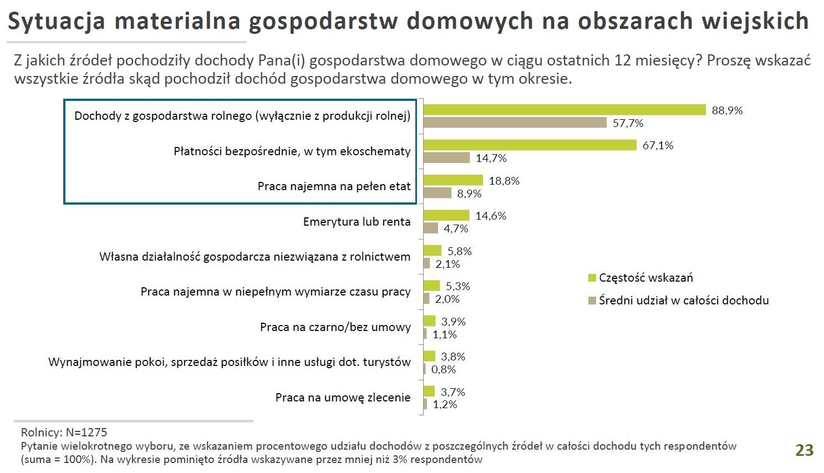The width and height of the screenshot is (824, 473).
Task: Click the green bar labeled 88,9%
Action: click(564, 110)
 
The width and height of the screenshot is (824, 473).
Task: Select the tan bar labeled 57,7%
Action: click(515, 123)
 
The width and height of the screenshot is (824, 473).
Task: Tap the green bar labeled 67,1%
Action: click(530, 145)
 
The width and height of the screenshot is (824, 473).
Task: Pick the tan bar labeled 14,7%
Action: click(446, 158)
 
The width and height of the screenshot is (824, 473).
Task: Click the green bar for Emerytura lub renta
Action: click(446, 216)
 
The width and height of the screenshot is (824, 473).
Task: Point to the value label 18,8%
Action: click(504, 181)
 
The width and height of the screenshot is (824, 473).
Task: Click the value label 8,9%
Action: click(469, 194)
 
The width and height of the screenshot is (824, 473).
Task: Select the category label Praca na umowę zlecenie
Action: click(343, 398)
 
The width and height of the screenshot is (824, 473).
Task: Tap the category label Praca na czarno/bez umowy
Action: click(335, 327)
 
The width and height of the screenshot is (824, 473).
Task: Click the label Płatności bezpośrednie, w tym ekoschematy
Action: click(292, 151)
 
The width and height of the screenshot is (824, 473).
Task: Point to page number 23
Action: click(804, 450)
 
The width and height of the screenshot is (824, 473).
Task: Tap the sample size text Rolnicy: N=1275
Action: click(64, 433)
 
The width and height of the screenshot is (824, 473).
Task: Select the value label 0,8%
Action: click(444, 369)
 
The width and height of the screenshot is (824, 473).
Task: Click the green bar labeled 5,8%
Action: click(433, 251)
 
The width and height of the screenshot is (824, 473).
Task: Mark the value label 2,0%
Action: click(447, 299)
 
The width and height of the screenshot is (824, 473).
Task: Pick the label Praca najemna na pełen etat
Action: click(334, 186)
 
